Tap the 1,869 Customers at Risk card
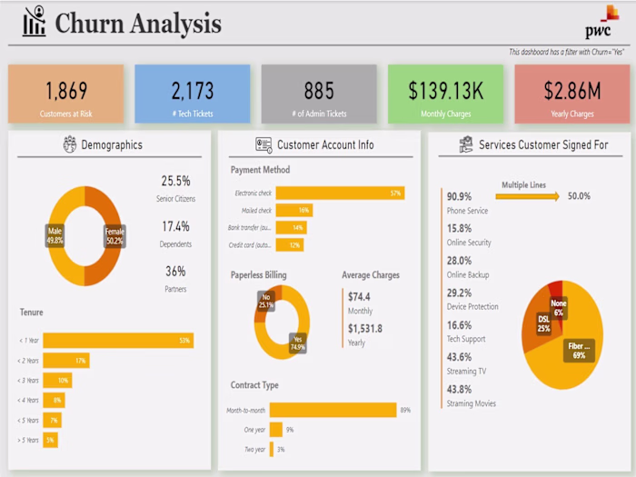coord(65,94)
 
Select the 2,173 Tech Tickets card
coord(192,94)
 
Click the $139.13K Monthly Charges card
coord(445,94)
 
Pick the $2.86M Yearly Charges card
coord(571,94)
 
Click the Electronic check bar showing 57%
coord(340,193)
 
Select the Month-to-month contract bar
coord(333,410)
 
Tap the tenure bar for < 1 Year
coord(118,340)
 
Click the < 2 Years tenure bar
coord(66,360)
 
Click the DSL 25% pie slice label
coord(543,323)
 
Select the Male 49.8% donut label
coord(55,235)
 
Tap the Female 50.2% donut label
coord(114,235)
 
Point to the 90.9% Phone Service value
coord(459,196)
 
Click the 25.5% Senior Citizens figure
coord(175,181)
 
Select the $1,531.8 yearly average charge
coord(364,328)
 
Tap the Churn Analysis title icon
coord(35,22)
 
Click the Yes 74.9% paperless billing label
coord(297,343)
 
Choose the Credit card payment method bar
coord(289,244)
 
